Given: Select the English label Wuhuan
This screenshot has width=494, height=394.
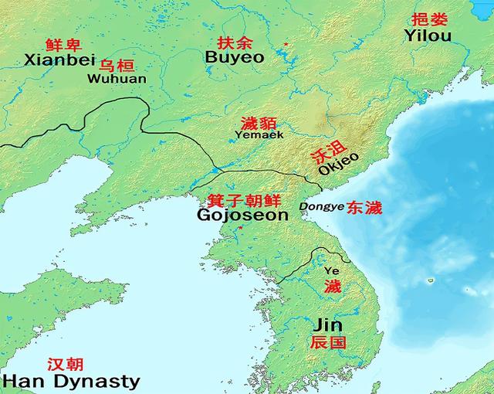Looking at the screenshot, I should point(117,78).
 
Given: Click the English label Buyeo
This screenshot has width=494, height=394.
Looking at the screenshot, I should point(235,57).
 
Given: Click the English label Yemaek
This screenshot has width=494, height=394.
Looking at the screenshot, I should point(259,134).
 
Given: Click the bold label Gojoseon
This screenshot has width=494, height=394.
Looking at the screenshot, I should point(242,215).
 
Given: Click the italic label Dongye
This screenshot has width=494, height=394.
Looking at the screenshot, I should point(317,206).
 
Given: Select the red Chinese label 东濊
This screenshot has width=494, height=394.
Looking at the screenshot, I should point(364,207).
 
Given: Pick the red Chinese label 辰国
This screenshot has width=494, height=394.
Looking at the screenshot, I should point(328,342).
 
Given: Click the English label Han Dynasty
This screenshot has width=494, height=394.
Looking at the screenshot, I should point(71,380).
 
